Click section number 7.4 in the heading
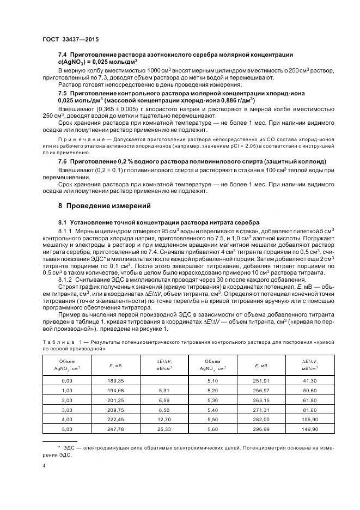63,56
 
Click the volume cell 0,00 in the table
67,380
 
